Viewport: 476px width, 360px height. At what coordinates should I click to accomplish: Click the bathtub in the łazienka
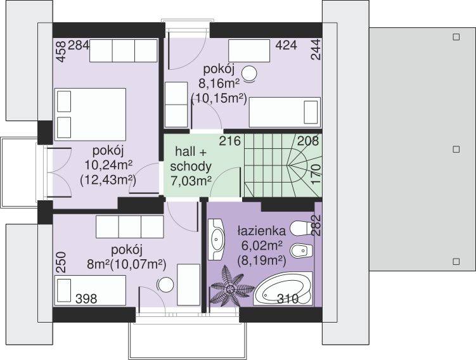pyautogui.click(x=283, y=288)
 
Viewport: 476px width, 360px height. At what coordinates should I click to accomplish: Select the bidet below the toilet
pyautogui.click(x=301, y=250)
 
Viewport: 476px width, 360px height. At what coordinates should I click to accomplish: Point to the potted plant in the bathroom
pyautogui.click(x=232, y=286)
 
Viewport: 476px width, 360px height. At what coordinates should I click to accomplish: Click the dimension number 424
pyautogui.click(x=286, y=45)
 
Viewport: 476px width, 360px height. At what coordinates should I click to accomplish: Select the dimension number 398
pyautogui.click(x=86, y=299)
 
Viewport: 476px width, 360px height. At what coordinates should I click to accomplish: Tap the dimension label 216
pyautogui.click(x=230, y=141)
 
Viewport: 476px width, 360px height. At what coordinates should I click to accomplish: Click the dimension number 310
pyautogui.click(x=288, y=299)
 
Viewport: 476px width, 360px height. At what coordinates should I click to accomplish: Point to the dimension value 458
pyautogui.click(x=61, y=51)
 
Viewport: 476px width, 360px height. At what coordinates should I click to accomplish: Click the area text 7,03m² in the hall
pyautogui.click(x=191, y=181)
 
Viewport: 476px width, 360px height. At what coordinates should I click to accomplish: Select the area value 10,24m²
pyautogui.click(x=108, y=165)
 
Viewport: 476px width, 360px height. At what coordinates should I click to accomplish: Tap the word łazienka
pyautogui.click(x=261, y=231)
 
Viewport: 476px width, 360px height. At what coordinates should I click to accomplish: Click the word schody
pyautogui.click(x=191, y=166)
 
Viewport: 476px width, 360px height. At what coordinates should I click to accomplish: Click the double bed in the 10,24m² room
pyautogui.click(x=90, y=115)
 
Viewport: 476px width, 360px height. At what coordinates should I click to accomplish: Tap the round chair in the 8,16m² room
pyautogui.click(x=249, y=74)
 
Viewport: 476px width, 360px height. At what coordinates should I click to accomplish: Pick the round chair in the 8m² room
pyautogui.click(x=165, y=285)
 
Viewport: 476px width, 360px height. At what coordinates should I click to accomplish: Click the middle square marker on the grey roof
pyautogui.click(x=456, y=150)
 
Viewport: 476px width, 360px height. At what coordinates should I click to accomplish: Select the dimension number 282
pyautogui.click(x=316, y=225)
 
